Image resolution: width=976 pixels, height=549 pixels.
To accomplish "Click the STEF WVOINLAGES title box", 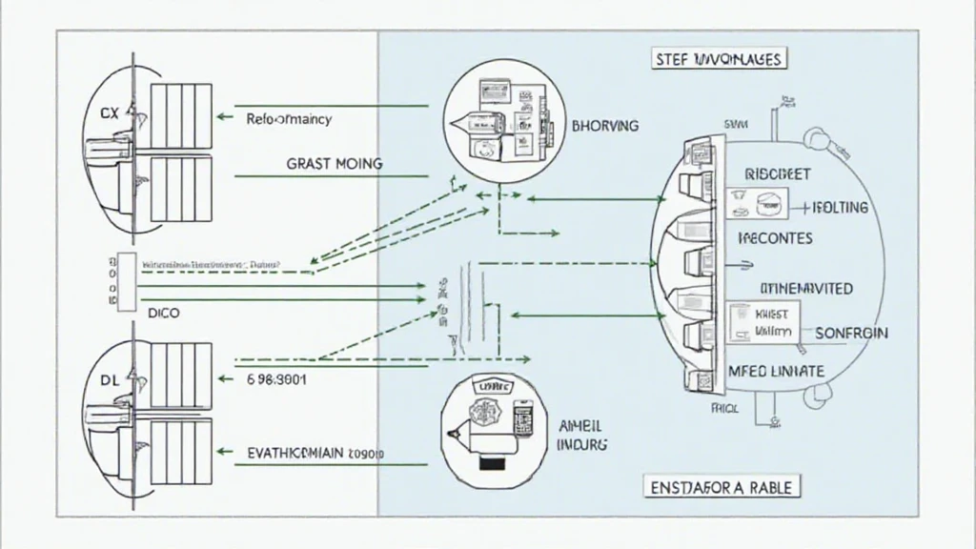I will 720,59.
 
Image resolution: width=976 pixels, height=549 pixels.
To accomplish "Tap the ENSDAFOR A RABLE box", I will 722,487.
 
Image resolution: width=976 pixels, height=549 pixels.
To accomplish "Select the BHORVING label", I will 605,125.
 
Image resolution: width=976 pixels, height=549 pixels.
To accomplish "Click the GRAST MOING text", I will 335,164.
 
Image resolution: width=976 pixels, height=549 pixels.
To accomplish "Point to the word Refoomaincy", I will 289,119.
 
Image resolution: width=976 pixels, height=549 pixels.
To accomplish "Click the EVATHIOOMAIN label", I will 315,454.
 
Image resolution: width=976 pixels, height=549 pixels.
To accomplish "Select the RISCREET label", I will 777,175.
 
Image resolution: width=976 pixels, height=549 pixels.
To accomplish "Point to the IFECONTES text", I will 776,238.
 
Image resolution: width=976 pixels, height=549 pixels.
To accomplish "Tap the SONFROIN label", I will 852,333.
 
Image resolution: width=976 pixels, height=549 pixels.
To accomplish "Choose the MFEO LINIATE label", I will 776,369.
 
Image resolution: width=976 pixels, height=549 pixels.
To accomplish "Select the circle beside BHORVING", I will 499,119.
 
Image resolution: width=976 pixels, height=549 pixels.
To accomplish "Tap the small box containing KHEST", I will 763,322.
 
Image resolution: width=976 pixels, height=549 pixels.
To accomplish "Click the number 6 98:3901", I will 276,378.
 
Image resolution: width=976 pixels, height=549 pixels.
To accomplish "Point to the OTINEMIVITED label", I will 806,288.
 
